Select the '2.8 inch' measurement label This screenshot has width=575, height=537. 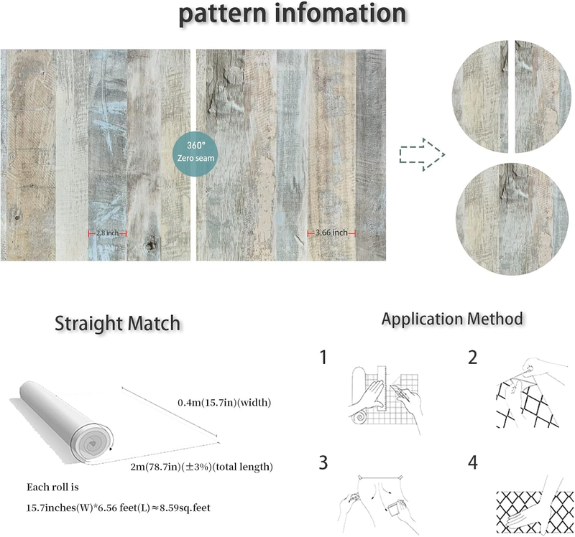(107, 233)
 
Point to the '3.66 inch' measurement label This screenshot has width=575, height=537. (332, 233)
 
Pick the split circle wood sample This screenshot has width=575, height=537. (502, 97)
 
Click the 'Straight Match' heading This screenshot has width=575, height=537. (118, 324)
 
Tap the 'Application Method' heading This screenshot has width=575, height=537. (452, 319)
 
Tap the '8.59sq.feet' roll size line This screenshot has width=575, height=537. (118, 508)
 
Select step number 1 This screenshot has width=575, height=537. (325, 357)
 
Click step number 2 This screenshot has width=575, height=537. (472, 357)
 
